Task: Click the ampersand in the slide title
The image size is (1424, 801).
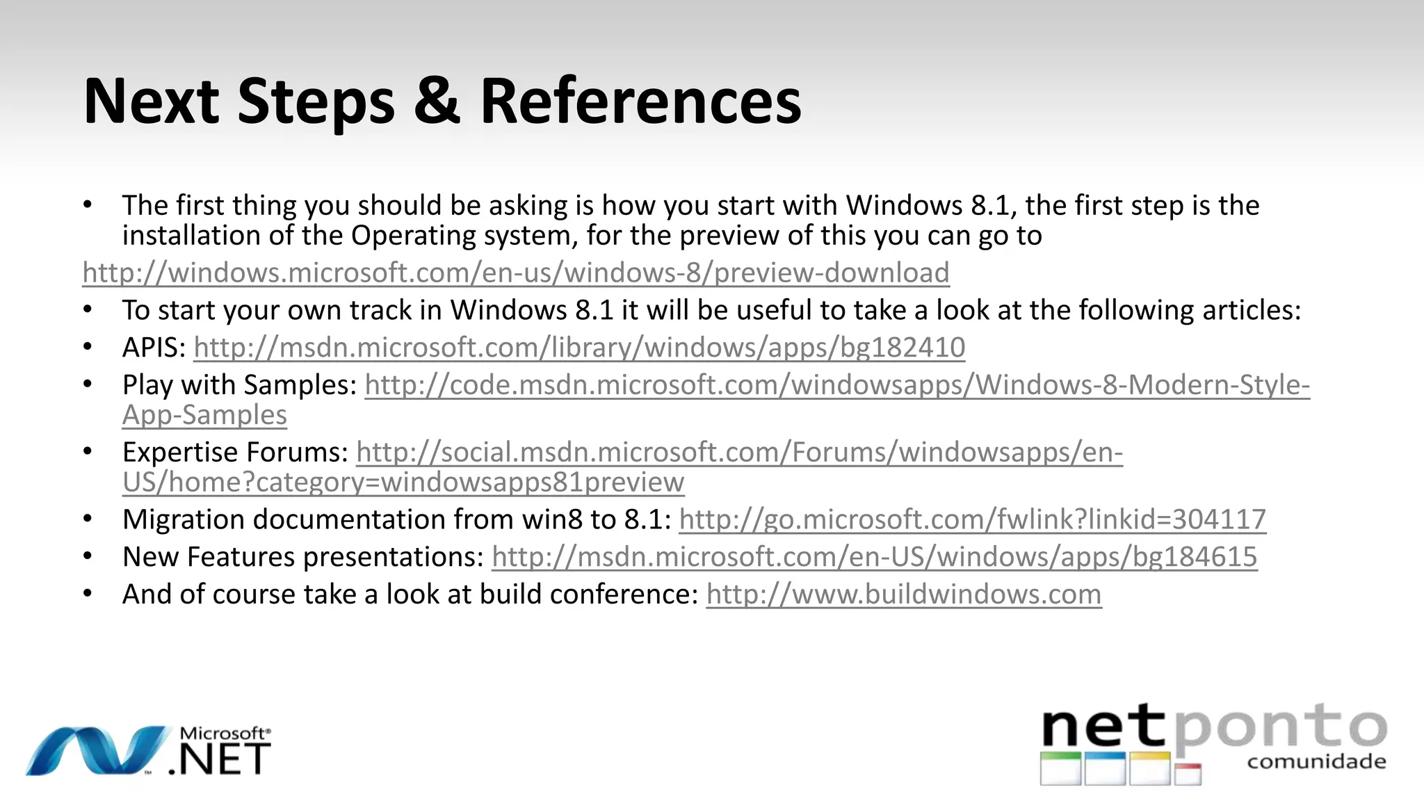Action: pos(437,102)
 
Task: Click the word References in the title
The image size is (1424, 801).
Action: pos(640,102)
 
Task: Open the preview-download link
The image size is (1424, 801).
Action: pos(515,273)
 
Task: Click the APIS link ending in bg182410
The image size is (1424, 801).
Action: pos(579,347)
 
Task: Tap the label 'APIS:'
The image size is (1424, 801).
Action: pos(154,347)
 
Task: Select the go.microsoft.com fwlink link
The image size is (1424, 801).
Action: pos(972,519)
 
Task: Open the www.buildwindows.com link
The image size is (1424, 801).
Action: pos(904,594)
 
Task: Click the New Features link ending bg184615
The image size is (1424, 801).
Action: pos(874,557)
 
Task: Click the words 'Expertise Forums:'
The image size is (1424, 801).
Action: pos(235,453)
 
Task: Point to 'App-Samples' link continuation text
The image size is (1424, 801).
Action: pos(204,415)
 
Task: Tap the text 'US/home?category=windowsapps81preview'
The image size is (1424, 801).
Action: pos(403,483)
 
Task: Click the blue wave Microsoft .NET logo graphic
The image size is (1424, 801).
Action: pos(97,750)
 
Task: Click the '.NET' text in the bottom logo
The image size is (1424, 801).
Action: pos(220,760)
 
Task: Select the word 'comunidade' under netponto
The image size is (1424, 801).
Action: pos(1316,762)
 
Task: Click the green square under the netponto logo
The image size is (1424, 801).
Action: pos(1060,768)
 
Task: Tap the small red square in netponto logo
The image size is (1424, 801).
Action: pos(1188,774)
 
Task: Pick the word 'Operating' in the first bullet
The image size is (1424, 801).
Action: pos(413,236)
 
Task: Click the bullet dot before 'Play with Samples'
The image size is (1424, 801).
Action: pos(87,385)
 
